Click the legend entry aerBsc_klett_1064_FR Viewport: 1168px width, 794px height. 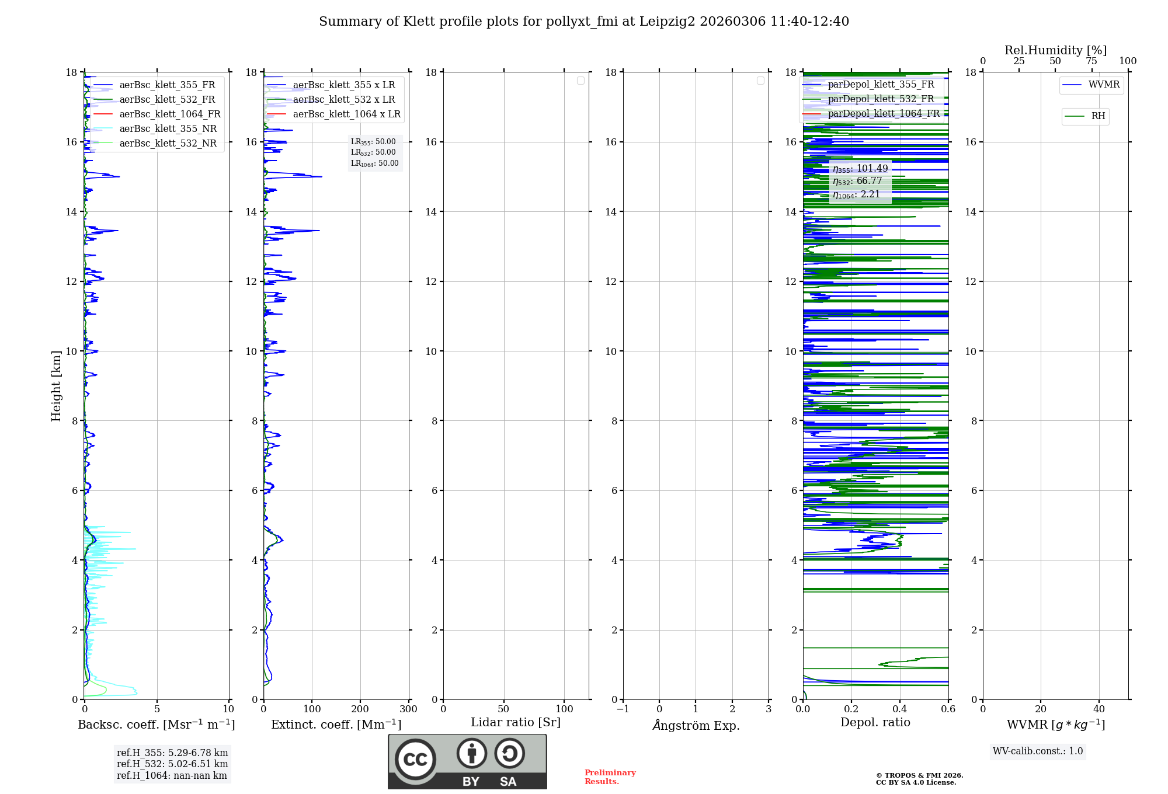[170, 114]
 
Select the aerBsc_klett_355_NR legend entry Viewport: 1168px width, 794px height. [168, 128]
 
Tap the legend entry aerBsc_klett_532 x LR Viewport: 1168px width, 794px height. [344, 99]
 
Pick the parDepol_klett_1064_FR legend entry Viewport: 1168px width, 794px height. [884, 113]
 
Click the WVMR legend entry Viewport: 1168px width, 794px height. [1104, 85]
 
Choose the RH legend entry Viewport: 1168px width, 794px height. [1098, 116]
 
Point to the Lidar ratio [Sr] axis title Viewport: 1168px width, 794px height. [516, 722]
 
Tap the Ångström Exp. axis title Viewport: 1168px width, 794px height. [696, 725]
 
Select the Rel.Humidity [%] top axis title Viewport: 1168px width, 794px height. [1055, 50]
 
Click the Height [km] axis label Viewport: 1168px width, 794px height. [56, 386]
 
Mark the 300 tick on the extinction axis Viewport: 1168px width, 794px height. [408, 709]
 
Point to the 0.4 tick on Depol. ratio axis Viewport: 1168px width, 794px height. [900, 709]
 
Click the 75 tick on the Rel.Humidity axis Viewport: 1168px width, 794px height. [1091, 61]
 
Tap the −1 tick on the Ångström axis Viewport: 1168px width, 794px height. [623, 709]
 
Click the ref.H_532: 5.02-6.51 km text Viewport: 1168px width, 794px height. [172, 764]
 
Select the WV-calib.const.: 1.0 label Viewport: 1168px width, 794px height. [1038, 751]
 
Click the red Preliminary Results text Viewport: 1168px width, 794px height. [610, 776]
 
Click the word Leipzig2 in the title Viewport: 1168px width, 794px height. [667, 22]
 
